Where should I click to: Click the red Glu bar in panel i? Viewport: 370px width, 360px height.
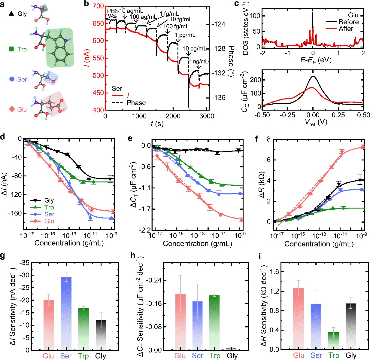coord(299,319)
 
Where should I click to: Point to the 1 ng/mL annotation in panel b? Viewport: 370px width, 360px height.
coord(199,62)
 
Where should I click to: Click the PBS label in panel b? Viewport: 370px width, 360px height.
coord(113,11)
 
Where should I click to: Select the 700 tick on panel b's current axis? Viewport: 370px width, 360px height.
coord(98,6)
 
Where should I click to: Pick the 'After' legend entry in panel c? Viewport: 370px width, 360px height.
coord(346,29)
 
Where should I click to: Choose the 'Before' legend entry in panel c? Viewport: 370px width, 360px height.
coord(348,22)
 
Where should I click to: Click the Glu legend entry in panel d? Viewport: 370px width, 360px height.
coord(49,221)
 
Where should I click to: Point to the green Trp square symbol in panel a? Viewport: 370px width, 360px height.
coord(11,49)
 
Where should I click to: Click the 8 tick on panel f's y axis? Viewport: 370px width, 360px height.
coord(268,139)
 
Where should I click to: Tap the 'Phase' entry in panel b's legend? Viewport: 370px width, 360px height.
coord(136,103)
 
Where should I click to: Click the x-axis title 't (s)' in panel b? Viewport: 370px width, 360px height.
coord(157,124)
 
